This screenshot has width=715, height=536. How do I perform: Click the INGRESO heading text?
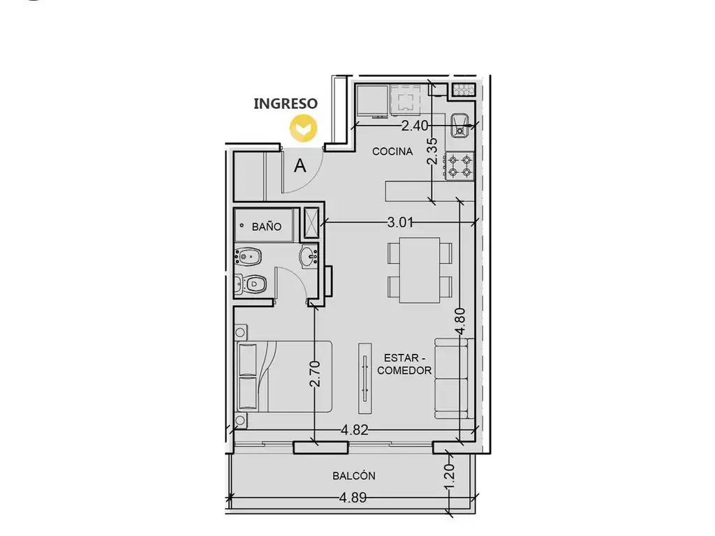[286, 103]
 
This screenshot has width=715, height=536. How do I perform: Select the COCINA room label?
[392, 151]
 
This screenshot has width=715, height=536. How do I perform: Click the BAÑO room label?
[266, 227]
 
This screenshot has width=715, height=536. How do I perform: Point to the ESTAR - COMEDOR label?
[404, 364]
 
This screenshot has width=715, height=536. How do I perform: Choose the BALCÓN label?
[354, 476]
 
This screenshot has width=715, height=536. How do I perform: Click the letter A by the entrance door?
[300, 166]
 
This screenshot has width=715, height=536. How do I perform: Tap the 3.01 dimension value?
[400, 223]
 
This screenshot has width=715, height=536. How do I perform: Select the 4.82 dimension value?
[354, 430]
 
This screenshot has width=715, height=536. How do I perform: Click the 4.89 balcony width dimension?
[353, 497]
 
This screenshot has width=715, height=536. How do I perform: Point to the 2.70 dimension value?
[315, 373]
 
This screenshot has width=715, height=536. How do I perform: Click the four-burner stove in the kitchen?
[459, 166]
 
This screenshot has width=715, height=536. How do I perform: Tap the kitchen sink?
[461, 126]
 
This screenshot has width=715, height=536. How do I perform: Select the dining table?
[420, 270]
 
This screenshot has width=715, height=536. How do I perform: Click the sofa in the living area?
[452, 378]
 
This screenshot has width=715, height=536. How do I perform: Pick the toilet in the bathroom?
[251, 285]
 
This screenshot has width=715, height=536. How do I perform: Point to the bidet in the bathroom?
[248, 256]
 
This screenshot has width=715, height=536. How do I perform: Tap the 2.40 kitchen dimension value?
[415, 126]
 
